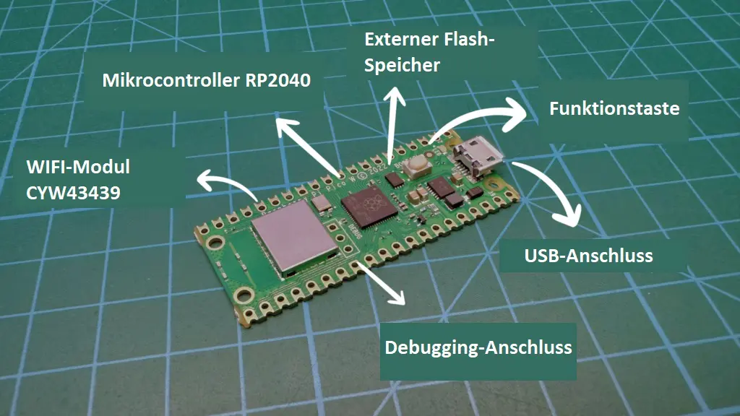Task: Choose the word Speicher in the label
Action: tap(402, 65)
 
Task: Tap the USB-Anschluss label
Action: tap(588, 255)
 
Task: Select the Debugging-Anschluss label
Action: tap(478, 347)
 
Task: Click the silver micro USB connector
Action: tap(477, 158)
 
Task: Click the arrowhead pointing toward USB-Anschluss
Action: tap(569, 217)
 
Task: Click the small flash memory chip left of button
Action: tap(395, 178)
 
